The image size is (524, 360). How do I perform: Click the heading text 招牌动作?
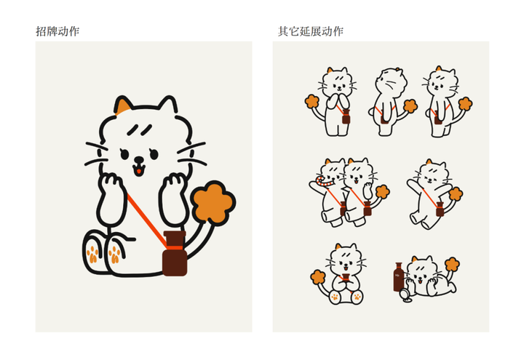pos(57,31)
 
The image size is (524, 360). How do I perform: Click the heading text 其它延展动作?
pos(311,31)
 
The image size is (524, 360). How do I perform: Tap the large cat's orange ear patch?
pos(123,106)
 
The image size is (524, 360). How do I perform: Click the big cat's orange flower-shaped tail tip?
pos(213,204)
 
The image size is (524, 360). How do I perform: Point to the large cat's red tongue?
pos(138,172)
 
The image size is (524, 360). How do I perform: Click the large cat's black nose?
pos(138,159)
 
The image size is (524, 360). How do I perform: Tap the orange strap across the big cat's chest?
pos(147,220)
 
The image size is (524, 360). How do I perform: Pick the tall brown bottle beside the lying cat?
pos(399,277)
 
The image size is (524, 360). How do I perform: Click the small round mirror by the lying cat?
pos(405,295)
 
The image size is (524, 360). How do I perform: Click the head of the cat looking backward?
pos(391,81)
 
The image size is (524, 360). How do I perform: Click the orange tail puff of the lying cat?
pos(452,264)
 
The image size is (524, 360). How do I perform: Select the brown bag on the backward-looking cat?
pos(384,119)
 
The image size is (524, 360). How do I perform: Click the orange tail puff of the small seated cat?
pos(318,277)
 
